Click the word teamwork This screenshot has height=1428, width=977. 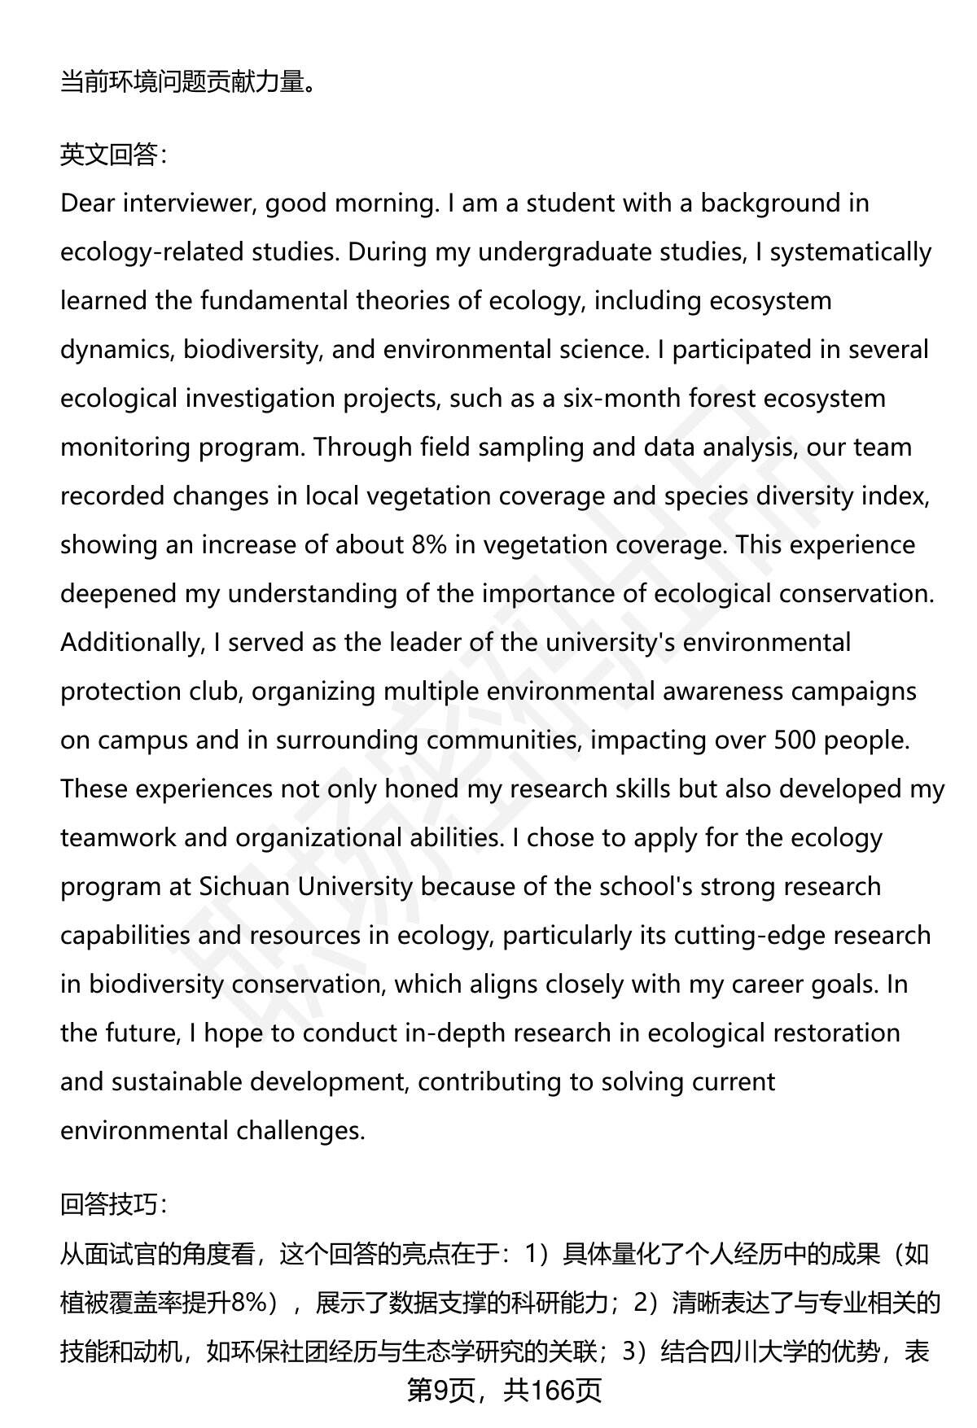118,837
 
